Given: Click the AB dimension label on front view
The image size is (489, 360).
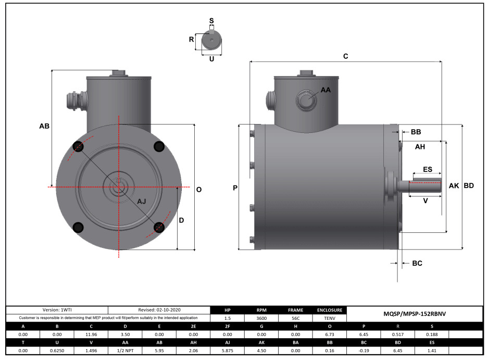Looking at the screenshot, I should tap(44, 126).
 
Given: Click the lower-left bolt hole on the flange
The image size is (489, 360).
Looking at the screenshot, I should tap(78, 227).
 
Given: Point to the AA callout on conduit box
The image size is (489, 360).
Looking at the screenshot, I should tap(325, 90).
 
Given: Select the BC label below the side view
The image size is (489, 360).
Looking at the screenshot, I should tap(417, 263).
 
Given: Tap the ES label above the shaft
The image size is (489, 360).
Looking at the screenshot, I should tap(428, 170).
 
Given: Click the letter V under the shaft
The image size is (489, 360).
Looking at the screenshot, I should tap(426, 200).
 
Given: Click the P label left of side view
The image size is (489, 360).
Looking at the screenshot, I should tap(235, 188).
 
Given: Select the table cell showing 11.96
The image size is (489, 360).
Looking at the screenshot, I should tap(91, 334).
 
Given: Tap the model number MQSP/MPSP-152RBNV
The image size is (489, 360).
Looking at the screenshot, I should tap(415, 314).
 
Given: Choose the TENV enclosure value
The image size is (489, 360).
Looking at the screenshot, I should tap(330, 318).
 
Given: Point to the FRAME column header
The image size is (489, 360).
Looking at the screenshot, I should tap(295, 310).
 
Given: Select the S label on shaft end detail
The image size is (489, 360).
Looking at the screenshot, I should tap(211, 21).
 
